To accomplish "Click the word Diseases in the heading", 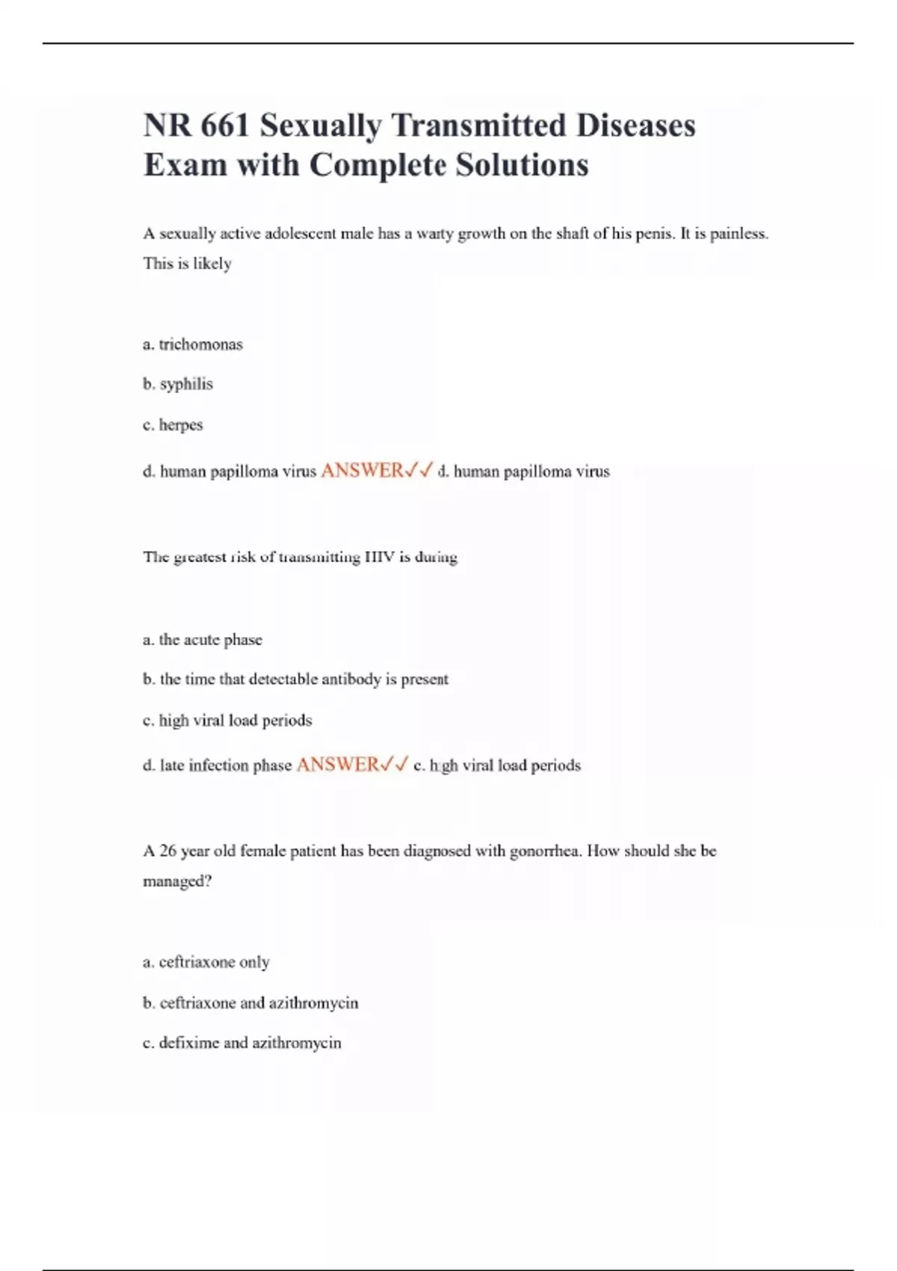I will (635, 126).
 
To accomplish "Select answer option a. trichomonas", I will (193, 345).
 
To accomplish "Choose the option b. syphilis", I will (178, 384).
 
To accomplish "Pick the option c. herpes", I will (173, 425).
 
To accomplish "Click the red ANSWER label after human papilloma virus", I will (363, 471).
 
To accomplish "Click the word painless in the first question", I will (738, 234).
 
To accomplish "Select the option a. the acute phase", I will (203, 640).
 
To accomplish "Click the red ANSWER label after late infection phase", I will (338, 765).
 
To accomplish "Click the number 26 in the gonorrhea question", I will (167, 851).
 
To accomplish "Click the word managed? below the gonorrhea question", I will (177, 881).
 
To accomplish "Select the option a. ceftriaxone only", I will (206, 962).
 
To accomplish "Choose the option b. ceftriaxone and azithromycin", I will (250, 1003).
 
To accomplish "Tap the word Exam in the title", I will (185, 165).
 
